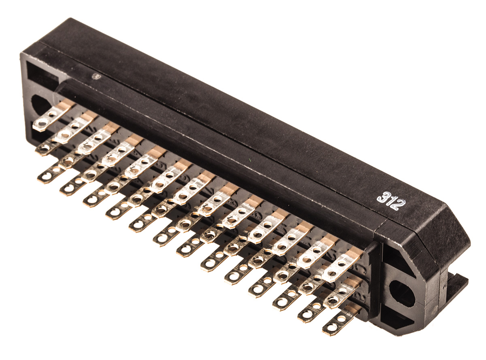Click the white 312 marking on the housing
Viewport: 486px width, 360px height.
point(391,201)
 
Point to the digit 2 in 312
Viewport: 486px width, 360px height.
point(399,205)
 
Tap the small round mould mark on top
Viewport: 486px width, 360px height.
point(96,76)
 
